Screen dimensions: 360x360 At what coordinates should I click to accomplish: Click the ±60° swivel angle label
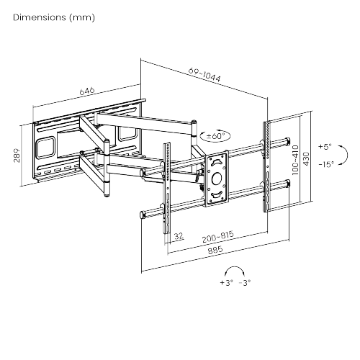[216, 135]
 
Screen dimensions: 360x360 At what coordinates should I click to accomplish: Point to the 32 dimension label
[178, 234]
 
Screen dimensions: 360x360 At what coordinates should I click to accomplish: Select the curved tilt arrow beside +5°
[341, 155]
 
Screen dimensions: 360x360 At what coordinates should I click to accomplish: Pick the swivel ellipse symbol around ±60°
[216, 135]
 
